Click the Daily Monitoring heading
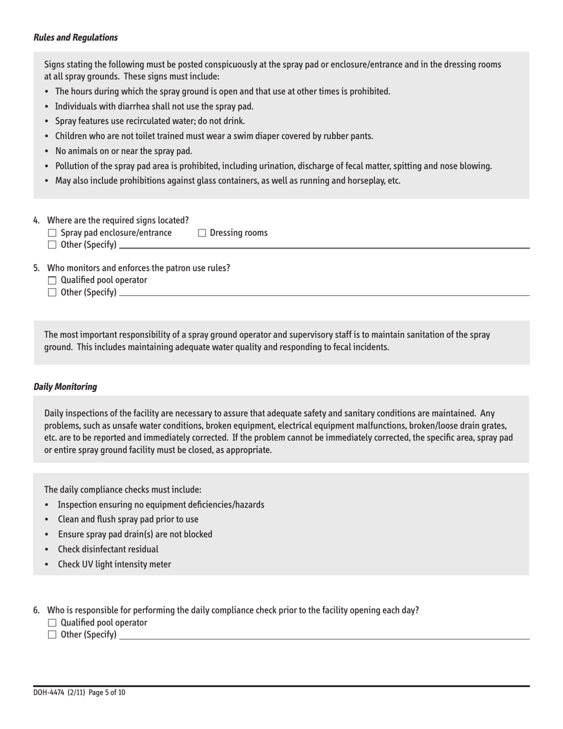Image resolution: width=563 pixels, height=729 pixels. coord(65,386)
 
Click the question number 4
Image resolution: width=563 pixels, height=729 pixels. coord(37,220)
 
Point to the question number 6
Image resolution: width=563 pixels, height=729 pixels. coord(37,610)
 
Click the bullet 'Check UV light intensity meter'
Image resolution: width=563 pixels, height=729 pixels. coord(114,564)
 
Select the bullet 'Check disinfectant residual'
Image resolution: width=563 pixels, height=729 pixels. coord(108,549)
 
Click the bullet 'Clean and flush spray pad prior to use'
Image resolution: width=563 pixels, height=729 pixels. coord(128,519)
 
